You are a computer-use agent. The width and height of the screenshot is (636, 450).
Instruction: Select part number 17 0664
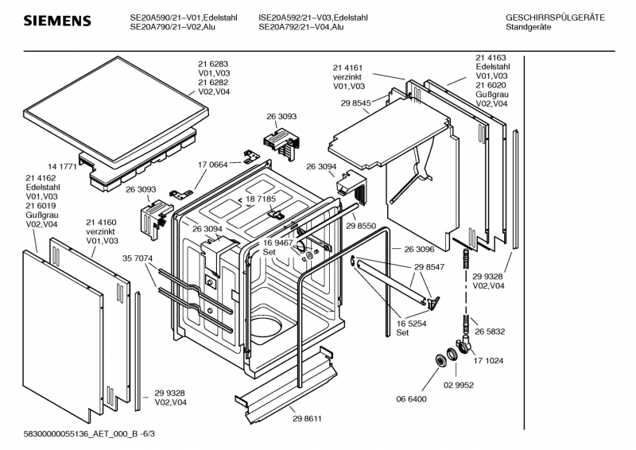point(213,165)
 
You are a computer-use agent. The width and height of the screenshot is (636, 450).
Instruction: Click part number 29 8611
point(307,418)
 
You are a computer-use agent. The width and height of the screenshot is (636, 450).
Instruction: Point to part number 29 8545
point(356,103)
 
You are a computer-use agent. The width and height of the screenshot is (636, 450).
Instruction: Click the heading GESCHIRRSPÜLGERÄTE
point(555,17)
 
